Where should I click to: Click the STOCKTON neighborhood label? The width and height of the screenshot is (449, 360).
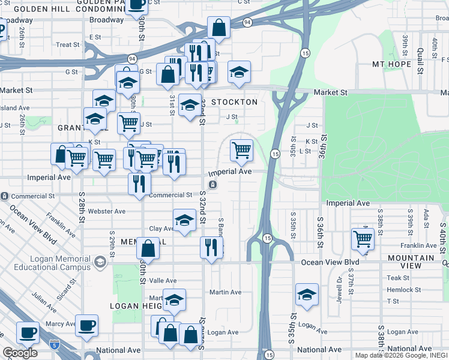click(x=234, y=102)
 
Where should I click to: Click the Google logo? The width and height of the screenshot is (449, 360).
click(x=20, y=353)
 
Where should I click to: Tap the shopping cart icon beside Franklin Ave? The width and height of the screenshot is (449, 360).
click(x=363, y=238)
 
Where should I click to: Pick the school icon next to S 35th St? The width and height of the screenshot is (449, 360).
click(x=307, y=295)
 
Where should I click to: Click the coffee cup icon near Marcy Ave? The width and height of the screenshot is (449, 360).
click(x=87, y=325)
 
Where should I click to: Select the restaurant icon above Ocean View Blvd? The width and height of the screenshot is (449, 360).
click(x=211, y=247)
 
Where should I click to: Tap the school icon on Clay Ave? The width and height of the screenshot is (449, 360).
click(x=184, y=220)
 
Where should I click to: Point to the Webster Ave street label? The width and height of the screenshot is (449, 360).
click(x=107, y=211)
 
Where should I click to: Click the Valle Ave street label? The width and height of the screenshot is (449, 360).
click(x=163, y=281)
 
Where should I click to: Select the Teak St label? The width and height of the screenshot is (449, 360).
click(x=397, y=278)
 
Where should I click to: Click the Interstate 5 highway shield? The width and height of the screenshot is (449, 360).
click(x=55, y=344)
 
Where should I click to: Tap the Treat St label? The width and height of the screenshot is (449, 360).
click(x=67, y=44)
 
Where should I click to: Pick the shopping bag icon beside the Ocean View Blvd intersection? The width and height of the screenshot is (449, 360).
click(x=148, y=249)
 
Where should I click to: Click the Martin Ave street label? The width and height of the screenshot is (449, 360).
click(x=225, y=292)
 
